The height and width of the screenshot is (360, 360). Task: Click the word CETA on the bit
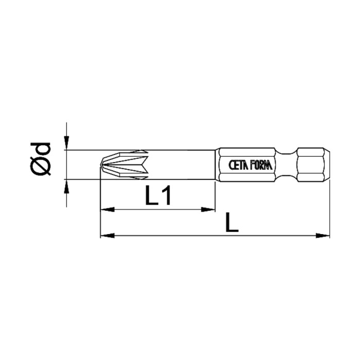(x=239, y=165)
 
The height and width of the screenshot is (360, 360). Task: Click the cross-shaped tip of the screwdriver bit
(x=123, y=165)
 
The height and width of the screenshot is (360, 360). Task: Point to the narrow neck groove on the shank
(x=288, y=165)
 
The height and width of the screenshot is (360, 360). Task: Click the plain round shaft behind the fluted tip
(x=180, y=165)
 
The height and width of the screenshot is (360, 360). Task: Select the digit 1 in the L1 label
(x=166, y=196)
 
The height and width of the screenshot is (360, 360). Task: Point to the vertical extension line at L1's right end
(x=215, y=195)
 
